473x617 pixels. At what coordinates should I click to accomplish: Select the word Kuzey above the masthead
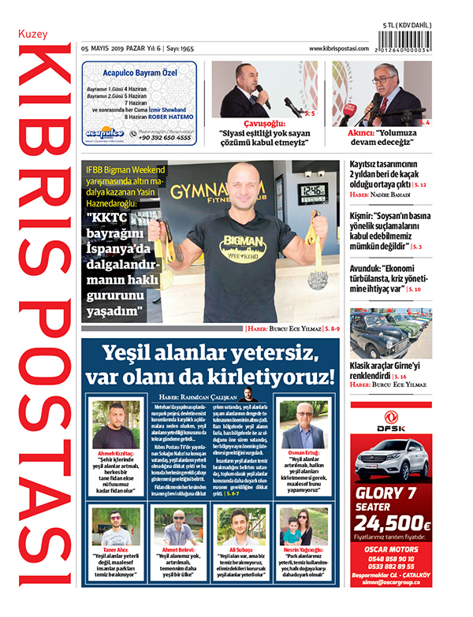click(34, 35)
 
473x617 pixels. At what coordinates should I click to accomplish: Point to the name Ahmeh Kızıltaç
click(116, 454)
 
